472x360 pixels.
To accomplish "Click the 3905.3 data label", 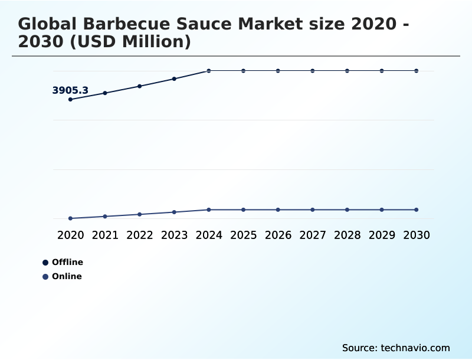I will pos(70,90).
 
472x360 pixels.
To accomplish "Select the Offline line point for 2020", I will pos(70,99).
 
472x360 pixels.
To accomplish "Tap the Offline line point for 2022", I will pos(140,86).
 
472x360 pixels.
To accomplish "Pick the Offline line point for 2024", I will pos(209,71).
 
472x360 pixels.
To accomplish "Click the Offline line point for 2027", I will pos(313,71).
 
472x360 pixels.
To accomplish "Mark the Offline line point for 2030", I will pos(417,71).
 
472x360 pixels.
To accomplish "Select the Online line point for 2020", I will pos(70,218).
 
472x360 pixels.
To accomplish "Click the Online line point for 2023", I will pos(174,212).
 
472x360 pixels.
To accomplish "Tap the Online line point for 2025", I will pos(243,210).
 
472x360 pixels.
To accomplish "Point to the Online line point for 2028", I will pos(347,210).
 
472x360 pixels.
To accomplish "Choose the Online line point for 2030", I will pos(417,210).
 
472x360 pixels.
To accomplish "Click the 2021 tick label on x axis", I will pos(105,235).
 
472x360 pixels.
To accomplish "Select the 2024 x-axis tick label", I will pos(209,235).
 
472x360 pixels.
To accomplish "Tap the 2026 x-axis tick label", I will pos(278,235).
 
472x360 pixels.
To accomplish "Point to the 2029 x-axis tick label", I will pos(382,235).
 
